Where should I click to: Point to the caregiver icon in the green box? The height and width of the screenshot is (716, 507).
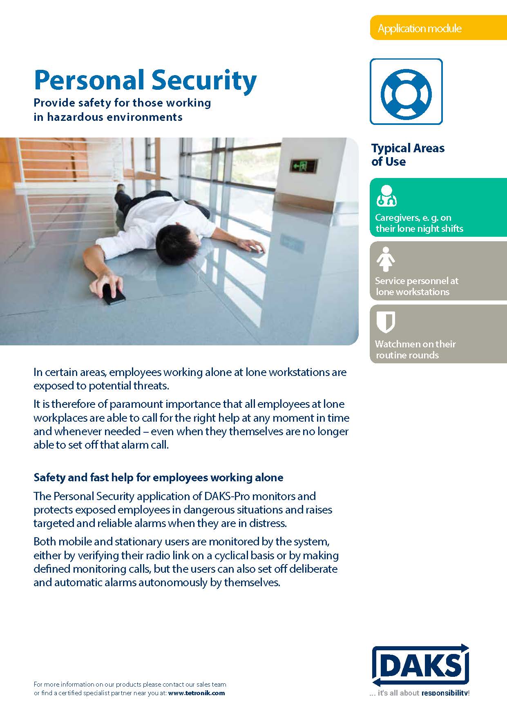point(386,196)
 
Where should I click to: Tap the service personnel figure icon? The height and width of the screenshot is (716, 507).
point(386,259)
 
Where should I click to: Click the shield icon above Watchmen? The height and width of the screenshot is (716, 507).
point(386,322)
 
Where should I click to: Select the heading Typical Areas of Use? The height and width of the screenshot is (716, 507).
point(407,155)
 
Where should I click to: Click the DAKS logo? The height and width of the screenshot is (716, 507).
point(420,665)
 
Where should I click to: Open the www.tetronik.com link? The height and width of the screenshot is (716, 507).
point(196,693)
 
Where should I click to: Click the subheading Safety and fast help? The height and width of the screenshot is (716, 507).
point(158,477)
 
